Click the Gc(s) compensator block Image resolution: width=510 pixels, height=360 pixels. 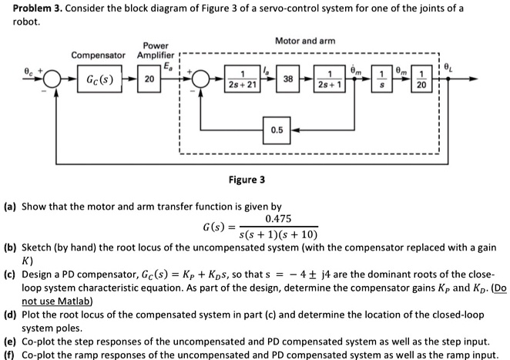[x=102, y=79]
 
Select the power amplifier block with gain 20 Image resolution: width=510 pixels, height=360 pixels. [x=149, y=79]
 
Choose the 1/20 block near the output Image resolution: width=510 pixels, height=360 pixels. [x=418, y=79]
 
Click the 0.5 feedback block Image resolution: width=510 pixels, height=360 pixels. [x=277, y=129]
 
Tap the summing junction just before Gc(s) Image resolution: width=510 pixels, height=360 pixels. [x=52, y=79]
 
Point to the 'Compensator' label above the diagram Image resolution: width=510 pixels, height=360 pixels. [x=98, y=56]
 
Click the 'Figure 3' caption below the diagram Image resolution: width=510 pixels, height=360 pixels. [x=247, y=180]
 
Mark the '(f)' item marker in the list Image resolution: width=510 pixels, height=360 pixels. [x=10, y=355]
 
